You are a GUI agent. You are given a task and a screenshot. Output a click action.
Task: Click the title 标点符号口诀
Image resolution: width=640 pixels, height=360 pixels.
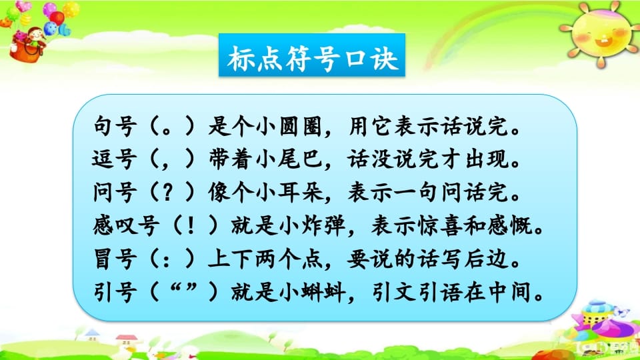(313, 59)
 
